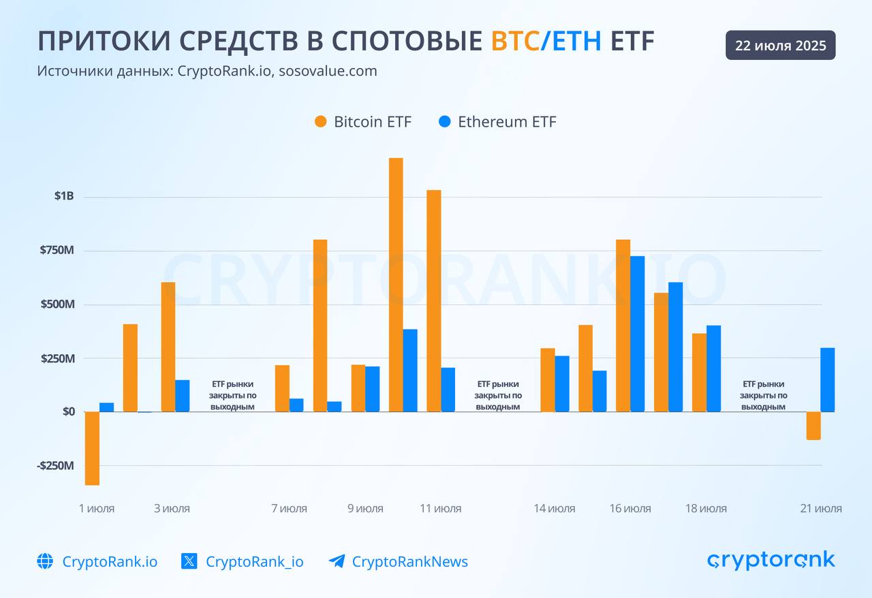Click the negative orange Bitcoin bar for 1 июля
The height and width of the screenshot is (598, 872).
point(92,448)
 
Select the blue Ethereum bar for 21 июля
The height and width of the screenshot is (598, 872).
point(827,379)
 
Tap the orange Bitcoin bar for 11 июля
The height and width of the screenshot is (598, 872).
point(434,300)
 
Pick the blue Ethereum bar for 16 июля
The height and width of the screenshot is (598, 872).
point(637,334)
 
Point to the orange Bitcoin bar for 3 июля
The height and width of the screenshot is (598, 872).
point(168,347)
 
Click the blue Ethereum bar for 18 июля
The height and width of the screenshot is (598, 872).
point(713,368)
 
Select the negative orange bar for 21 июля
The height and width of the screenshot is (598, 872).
point(813,426)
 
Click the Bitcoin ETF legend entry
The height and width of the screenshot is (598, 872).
point(363,122)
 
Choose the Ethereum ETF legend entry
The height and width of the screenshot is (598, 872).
point(497,122)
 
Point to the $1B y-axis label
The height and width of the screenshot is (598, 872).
point(64,197)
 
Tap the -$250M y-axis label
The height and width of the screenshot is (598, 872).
point(55,465)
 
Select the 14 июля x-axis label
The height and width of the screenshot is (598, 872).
point(554,508)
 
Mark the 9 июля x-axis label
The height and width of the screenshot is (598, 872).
point(365,508)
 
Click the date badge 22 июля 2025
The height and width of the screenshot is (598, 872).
point(780,46)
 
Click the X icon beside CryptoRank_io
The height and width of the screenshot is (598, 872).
point(189,561)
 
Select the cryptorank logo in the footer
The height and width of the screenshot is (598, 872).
point(770,560)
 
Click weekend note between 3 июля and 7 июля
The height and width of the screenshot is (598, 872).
point(232,395)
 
